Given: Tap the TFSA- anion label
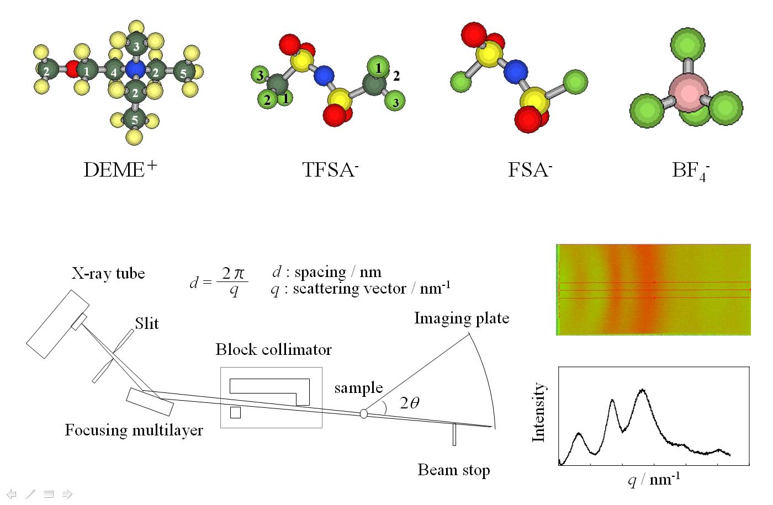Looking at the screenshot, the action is click(x=330, y=169).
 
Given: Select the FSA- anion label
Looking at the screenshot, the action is click(x=530, y=169).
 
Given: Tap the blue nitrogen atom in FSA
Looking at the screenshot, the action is click(x=516, y=72).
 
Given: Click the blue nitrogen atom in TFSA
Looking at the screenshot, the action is click(x=324, y=76).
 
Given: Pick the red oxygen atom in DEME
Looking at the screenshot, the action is click(x=72, y=69).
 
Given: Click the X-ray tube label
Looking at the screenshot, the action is click(x=108, y=274).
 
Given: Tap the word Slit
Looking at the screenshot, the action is click(x=147, y=323).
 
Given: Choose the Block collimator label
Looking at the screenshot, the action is click(x=274, y=349).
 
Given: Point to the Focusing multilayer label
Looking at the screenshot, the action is click(x=134, y=430).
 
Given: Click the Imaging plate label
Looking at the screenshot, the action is click(x=462, y=318).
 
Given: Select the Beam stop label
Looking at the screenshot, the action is click(x=454, y=470).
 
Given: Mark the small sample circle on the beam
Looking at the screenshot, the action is click(x=363, y=413).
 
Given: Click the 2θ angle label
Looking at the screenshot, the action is click(x=410, y=402).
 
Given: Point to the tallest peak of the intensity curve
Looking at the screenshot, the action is click(x=642, y=390).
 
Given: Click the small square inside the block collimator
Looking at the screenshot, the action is click(x=235, y=412).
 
